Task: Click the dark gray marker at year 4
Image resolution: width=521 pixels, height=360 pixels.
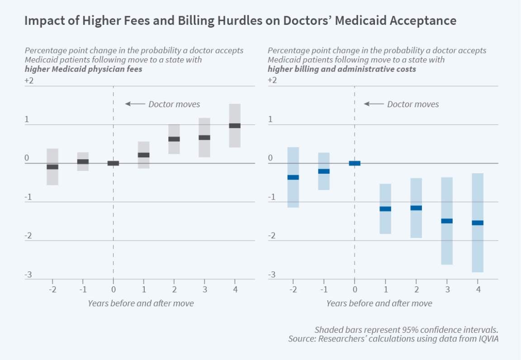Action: coord(234,126)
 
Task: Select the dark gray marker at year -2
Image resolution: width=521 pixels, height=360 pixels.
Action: coord(52,167)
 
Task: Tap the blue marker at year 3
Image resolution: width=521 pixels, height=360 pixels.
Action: coord(447,221)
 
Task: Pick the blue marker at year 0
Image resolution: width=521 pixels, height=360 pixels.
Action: coord(355,163)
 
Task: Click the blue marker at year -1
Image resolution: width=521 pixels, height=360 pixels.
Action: coord(324,171)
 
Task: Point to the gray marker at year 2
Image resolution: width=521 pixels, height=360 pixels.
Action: coord(174,139)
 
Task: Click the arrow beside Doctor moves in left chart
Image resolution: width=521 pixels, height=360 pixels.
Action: coord(134,104)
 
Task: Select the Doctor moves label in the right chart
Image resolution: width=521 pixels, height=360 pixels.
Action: coord(412,104)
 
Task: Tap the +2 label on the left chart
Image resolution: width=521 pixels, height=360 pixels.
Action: coord(29,81)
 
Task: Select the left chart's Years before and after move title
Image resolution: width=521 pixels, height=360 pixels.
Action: coord(141,303)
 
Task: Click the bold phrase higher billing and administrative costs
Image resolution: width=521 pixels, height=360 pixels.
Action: coord(341,69)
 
